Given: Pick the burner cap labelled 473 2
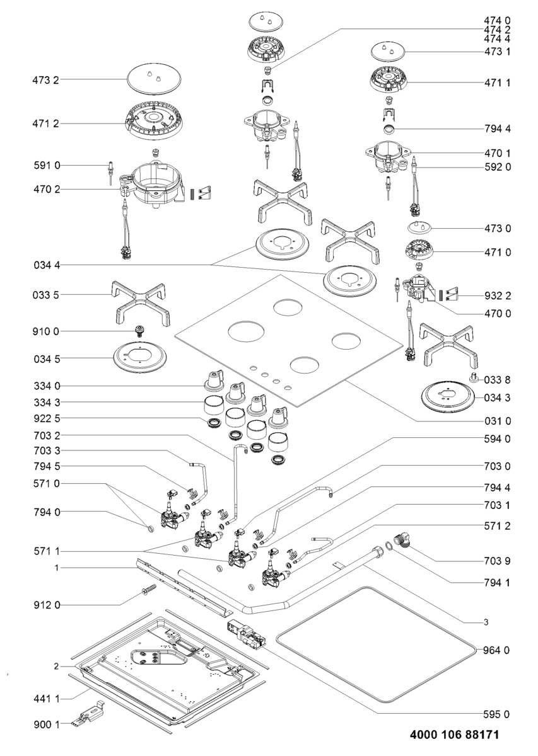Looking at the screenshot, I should click(154, 79).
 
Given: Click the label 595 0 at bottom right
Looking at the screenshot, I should click(496, 714).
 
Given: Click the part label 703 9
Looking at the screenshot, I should click(496, 561).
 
